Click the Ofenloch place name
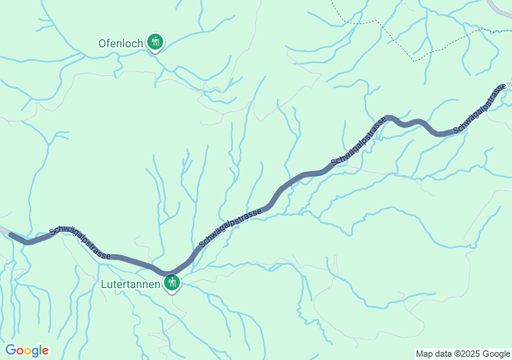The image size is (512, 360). pyautogui.click(x=121, y=42)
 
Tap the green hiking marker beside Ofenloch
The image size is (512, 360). pyautogui.click(x=154, y=42)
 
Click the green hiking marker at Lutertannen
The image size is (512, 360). pyautogui.click(x=172, y=282)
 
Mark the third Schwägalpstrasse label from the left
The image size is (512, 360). pyautogui.click(x=359, y=143)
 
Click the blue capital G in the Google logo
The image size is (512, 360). pyautogui.click(x=10, y=350)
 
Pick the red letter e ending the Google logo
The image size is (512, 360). pyautogui.click(x=45, y=351)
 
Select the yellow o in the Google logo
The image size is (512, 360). pyautogui.click(x=28, y=351)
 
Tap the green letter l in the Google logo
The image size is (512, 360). pyautogui.click(x=40, y=350)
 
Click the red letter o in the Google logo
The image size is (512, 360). pyautogui.click(x=20, y=351)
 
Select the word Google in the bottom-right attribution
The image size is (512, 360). pyautogui.click(x=495, y=354)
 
